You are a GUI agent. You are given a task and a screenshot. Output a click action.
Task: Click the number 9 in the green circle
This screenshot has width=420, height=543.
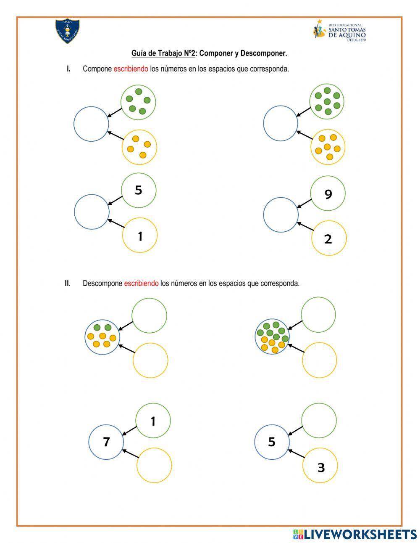pos(328,194)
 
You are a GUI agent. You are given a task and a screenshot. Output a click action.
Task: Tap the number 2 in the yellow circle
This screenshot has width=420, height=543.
pos(328,239)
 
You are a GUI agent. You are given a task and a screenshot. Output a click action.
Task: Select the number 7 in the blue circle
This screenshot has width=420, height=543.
pos(106,442)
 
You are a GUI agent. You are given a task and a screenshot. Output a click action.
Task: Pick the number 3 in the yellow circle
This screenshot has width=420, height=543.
pos(321,467)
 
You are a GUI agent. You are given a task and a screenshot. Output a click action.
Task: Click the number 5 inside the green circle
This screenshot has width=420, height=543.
pos(138,191)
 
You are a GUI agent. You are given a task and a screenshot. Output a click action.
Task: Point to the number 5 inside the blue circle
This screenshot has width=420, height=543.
pos(272,442)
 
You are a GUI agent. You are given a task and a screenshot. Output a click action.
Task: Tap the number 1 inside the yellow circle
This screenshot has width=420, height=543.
pos(140,236)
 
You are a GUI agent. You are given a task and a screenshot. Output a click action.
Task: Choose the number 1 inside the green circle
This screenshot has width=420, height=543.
pos(153,421)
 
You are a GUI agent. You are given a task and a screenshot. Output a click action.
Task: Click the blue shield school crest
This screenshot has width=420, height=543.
pos(68,31)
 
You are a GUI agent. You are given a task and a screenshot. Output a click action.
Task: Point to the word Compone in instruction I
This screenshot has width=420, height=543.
pos(97,69)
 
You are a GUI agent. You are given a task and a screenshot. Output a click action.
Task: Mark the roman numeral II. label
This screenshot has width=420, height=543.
pos(68,283)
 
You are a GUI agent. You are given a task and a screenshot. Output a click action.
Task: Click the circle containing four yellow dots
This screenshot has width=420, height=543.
pos(139,147)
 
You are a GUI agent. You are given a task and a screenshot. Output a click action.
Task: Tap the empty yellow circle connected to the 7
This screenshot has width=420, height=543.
pos(154,465)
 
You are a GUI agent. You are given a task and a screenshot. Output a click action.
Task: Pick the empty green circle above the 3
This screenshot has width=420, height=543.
pos(319,421)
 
